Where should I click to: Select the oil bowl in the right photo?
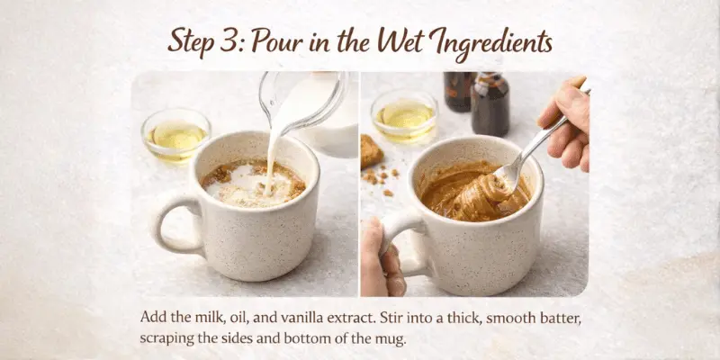(x=404, y=115)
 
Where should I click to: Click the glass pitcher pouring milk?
(x=310, y=103)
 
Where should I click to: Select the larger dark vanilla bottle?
(x=490, y=103)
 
